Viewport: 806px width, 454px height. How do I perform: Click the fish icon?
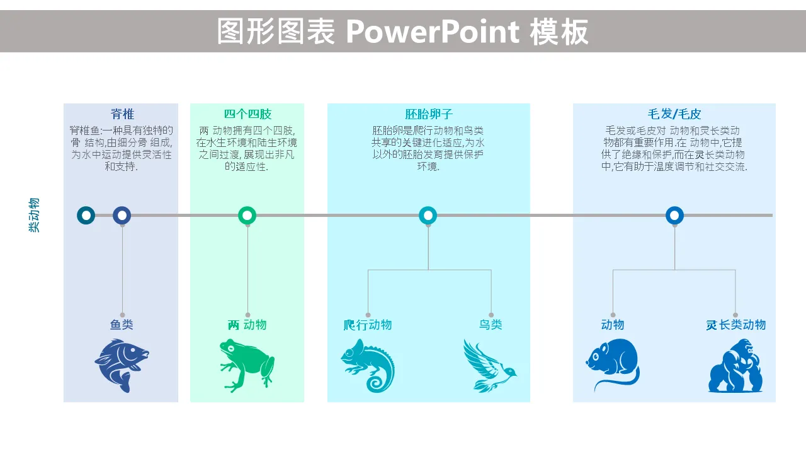(x=122, y=365)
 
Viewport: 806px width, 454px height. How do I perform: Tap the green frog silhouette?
(x=247, y=365)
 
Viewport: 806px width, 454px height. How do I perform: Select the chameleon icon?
(x=368, y=365)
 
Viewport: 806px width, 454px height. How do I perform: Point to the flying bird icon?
(x=490, y=365)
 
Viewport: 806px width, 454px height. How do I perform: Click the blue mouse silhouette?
(x=613, y=364)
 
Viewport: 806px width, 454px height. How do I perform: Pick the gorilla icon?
(x=735, y=365)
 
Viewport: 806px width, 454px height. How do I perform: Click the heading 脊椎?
(x=122, y=114)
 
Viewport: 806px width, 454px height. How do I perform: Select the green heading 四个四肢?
(x=247, y=114)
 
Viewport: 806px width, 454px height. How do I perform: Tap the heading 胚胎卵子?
(x=429, y=114)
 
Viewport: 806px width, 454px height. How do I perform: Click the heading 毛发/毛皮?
(x=674, y=114)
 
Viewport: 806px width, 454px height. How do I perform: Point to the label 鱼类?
(x=122, y=325)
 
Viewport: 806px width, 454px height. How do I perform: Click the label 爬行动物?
(x=368, y=325)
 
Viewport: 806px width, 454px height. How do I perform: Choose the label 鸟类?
(x=491, y=325)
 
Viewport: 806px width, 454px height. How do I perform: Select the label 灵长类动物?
(x=735, y=325)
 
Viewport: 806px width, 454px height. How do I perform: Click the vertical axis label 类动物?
(x=34, y=215)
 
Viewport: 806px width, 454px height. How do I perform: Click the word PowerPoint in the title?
(x=433, y=32)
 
